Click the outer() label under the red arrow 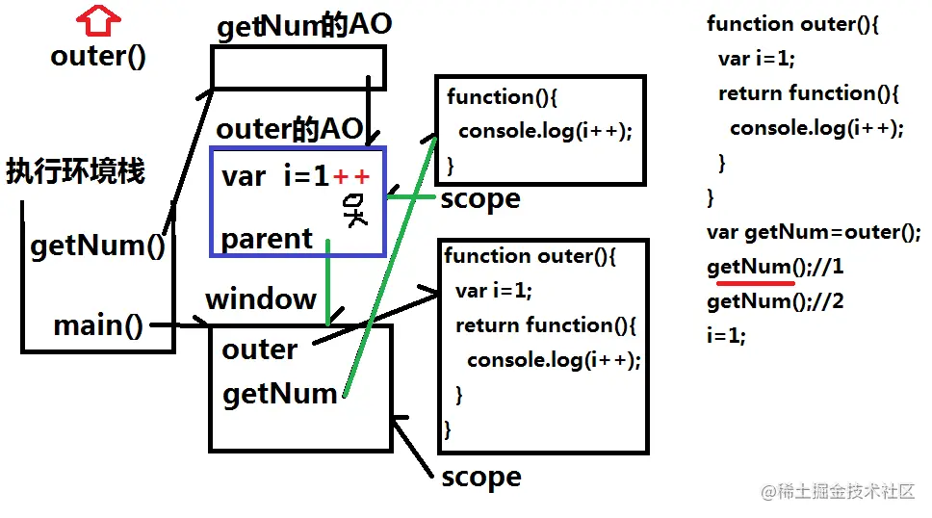tap(98, 56)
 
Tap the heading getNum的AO tap(303, 26)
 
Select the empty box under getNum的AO tap(298, 67)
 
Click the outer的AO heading tap(289, 130)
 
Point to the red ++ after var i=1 tap(351, 176)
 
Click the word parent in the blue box tap(267, 239)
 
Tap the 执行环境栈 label tap(75, 171)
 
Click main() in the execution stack tap(98, 325)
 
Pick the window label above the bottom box tap(261, 298)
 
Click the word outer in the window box tap(259, 349)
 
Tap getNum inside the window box tap(279, 393)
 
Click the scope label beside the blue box tap(479, 199)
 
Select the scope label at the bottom tap(480, 477)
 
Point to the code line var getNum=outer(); tap(814, 232)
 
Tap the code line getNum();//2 tap(775, 301)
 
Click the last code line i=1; tap(726, 336)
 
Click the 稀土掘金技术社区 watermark tap(838, 491)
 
